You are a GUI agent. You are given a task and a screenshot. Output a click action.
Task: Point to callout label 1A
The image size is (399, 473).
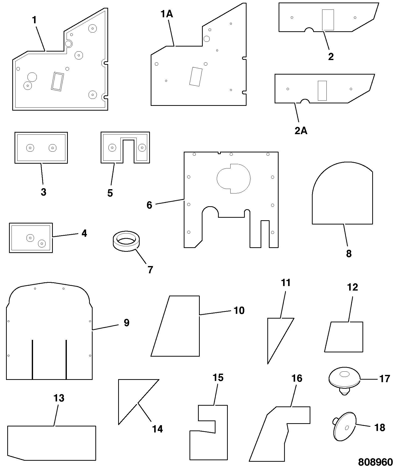[x=167, y=14]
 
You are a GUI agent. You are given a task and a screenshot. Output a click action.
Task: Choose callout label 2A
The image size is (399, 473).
[x=301, y=131]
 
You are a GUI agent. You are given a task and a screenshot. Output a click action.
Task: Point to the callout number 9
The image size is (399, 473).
[x=127, y=323]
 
